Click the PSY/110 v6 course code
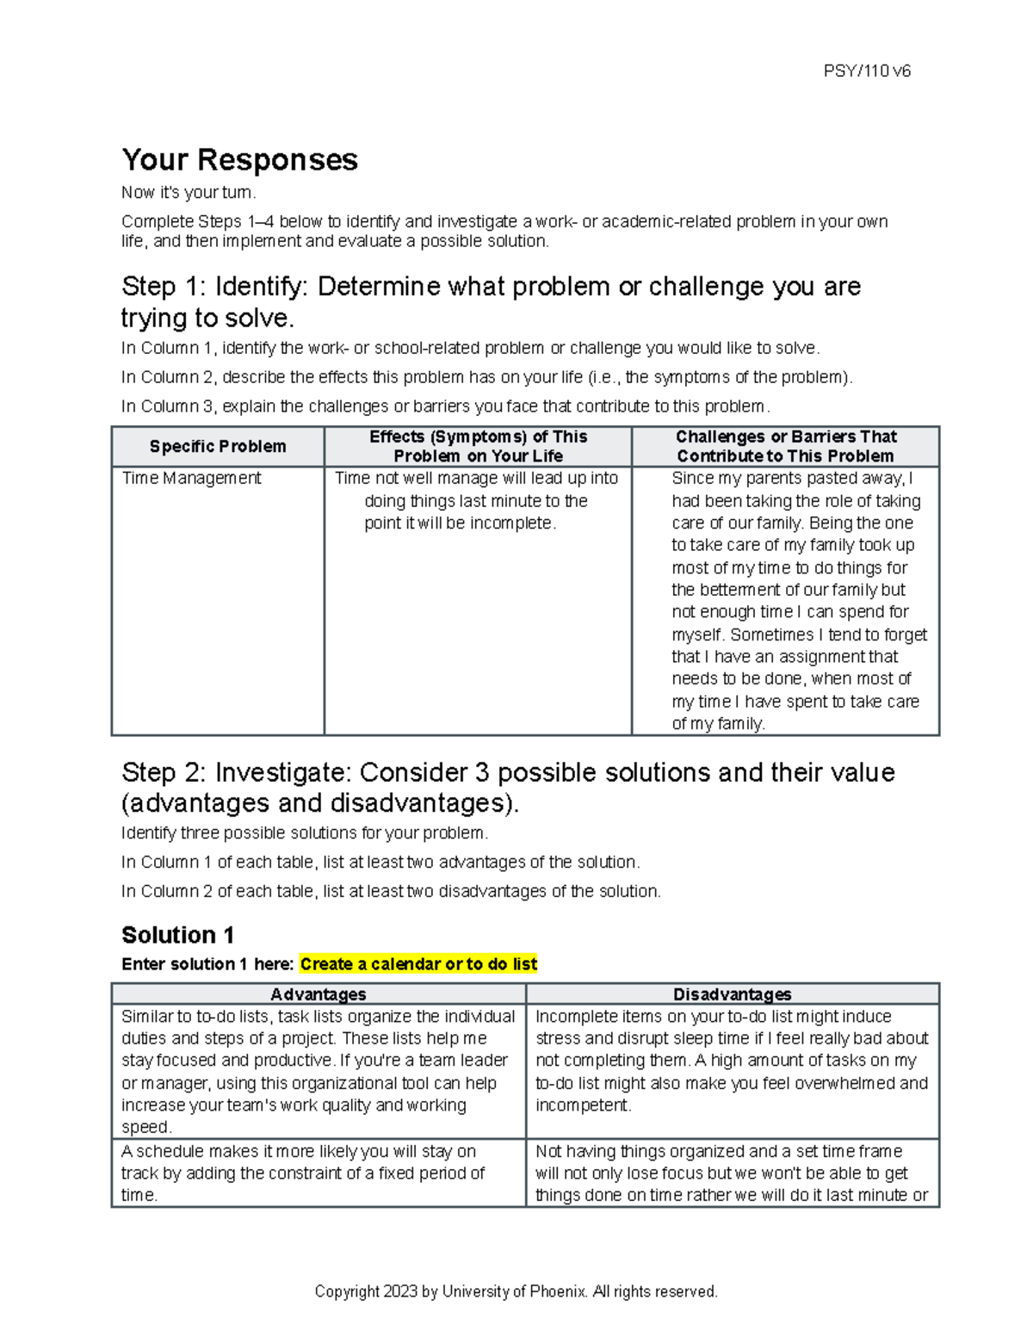866,71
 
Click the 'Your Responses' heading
239,160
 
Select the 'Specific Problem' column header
217,446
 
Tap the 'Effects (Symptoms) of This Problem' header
478,446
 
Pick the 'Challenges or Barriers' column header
785,446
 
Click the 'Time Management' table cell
191,479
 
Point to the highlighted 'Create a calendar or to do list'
418,964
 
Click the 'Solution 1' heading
177,935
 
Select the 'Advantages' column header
318,994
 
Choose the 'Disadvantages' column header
732,994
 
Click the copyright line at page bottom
516,1291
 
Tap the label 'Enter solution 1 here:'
208,964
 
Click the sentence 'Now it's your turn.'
189,193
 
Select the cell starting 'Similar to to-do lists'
318,1071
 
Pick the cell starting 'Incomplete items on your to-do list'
732,1060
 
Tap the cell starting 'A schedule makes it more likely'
303,1173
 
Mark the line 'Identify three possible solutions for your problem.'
305,833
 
